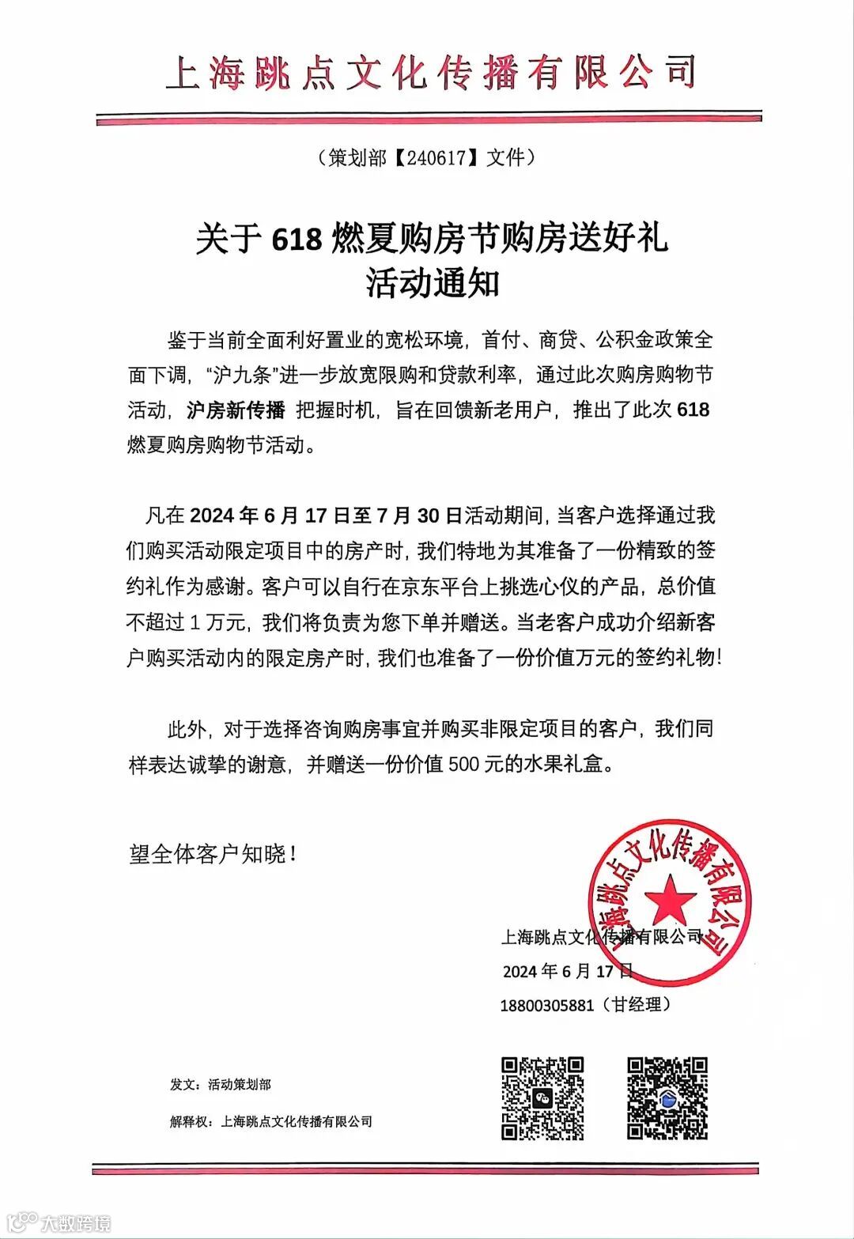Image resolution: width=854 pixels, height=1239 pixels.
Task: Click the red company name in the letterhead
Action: [431, 72]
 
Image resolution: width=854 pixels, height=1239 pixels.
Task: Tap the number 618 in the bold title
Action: [297, 240]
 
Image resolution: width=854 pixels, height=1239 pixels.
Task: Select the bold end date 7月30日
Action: [418, 516]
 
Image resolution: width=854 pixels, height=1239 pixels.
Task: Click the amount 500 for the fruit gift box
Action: [466, 765]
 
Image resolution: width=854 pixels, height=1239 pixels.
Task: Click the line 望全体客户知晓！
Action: [213, 855]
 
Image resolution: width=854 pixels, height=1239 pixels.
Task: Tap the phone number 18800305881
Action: [546, 1006]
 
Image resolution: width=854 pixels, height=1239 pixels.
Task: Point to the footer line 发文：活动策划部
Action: [220, 1085]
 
